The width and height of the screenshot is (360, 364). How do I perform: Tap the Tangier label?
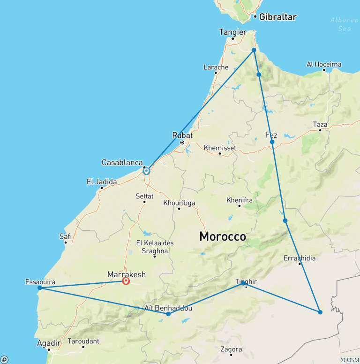click(232, 32)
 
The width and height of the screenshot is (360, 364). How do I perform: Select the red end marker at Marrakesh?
click(126, 281)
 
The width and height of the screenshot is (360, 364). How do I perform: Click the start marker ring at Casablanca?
click(146, 171)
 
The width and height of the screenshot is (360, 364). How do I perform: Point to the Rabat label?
click(183, 135)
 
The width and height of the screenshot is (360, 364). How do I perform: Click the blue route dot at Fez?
click(272, 142)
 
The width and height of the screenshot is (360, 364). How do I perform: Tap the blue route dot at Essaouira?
click(40, 288)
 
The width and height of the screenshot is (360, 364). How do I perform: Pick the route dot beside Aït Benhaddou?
click(168, 314)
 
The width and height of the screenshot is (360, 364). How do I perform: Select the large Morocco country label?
click(222, 237)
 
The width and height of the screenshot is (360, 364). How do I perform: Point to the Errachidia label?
click(300, 258)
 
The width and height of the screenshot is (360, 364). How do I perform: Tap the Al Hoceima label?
click(324, 64)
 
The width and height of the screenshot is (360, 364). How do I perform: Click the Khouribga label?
click(179, 203)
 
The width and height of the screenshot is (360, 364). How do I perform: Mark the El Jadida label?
click(102, 182)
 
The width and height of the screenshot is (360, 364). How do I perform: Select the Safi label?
click(66, 236)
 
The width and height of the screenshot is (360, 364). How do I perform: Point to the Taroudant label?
click(83, 341)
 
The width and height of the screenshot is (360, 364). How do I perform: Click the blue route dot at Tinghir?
click(243, 283)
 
